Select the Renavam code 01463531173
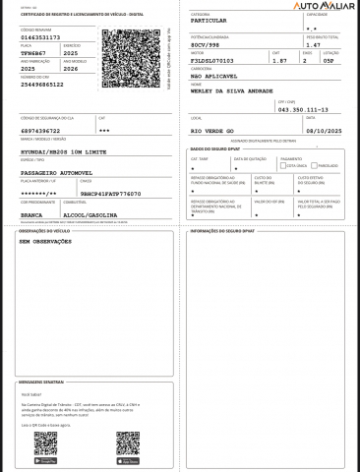pyautogui.click(x=40, y=37)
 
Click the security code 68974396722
pyautogui.click(x=41, y=130)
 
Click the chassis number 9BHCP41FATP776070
pyautogui.click(x=110, y=195)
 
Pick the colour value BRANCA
pyautogui.click(x=31, y=213)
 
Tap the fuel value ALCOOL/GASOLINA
pyautogui.click(x=90, y=213)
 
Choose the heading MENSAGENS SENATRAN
pyautogui.click(x=41, y=381)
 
